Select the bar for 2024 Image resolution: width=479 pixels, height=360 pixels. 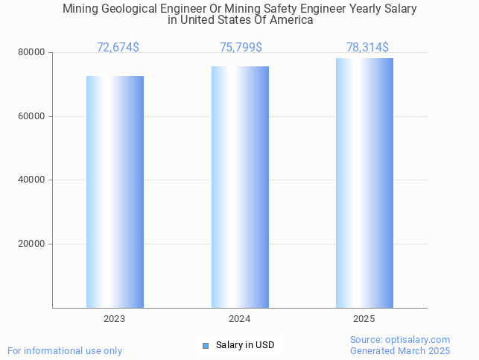click(x=240, y=187)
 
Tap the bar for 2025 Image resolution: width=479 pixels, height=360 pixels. click(x=364, y=183)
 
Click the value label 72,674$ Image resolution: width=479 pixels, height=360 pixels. click(x=118, y=48)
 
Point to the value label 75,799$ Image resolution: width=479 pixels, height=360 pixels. click(x=241, y=48)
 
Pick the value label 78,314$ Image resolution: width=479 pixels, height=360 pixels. click(x=367, y=48)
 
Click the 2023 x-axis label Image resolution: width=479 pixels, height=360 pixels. click(x=115, y=319)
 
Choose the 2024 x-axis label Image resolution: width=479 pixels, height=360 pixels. click(x=240, y=319)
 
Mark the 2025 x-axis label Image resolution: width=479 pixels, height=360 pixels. click(x=364, y=319)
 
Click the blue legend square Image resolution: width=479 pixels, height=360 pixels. click(x=206, y=345)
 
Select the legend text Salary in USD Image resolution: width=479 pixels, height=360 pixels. click(x=245, y=345)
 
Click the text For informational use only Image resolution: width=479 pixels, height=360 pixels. click(x=65, y=350)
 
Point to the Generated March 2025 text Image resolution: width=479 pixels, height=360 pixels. click(x=400, y=350)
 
